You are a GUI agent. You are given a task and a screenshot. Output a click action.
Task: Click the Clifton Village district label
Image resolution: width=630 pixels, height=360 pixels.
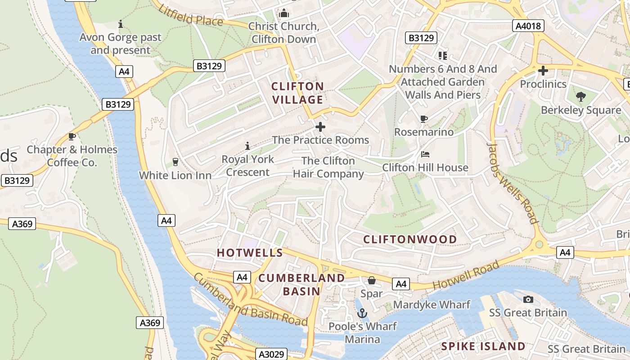pyautogui.click(x=297, y=93)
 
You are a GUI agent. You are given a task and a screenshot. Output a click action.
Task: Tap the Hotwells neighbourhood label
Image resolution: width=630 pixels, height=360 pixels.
pyautogui.click(x=250, y=253)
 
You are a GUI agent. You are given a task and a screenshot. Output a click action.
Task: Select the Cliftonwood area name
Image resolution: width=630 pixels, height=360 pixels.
pyautogui.click(x=410, y=239)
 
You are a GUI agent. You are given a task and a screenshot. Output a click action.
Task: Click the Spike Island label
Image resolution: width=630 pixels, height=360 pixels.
pyautogui.click(x=483, y=346)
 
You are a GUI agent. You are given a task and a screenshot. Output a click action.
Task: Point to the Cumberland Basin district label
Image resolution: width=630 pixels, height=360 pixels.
pyautogui.click(x=301, y=284)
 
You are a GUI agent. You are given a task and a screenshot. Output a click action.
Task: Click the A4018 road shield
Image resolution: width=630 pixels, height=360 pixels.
pyautogui.click(x=528, y=26)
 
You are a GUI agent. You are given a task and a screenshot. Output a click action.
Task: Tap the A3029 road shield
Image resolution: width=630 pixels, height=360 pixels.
pyautogui.click(x=271, y=354)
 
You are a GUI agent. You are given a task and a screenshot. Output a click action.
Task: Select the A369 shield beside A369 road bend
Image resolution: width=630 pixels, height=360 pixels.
pyautogui.click(x=22, y=224)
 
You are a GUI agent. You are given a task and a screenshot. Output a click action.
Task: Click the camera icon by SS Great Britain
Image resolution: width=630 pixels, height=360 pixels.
pyautogui.click(x=528, y=299)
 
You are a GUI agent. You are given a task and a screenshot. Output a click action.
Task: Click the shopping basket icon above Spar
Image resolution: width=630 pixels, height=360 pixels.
pyautogui.click(x=372, y=281)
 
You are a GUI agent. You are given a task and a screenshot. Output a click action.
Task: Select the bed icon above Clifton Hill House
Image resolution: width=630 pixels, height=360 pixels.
pyautogui.click(x=425, y=154)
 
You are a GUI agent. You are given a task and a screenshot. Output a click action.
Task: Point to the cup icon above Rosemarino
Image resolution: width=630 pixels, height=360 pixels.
pyautogui.click(x=423, y=119)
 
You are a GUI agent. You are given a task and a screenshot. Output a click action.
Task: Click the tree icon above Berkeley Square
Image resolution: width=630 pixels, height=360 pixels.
pyautogui.click(x=581, y=96)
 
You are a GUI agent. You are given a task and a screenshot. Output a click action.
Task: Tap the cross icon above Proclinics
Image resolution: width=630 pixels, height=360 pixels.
pyautogui.click(x=543, y=71)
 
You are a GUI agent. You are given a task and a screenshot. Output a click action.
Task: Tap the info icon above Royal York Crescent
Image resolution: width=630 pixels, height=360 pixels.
pyautogui.click(x=247, y=146)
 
